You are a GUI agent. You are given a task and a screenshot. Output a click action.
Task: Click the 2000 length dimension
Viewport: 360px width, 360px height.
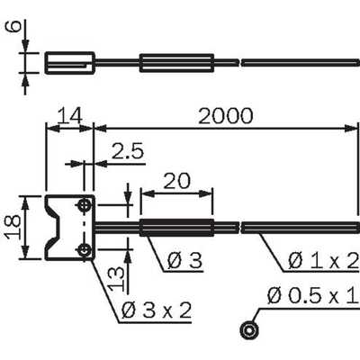click(x=226, y=116)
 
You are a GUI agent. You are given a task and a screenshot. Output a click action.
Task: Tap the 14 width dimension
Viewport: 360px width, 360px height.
click(x=69, y=116)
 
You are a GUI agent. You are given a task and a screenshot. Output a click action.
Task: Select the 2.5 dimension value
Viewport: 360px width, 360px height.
click(x=128, y=151)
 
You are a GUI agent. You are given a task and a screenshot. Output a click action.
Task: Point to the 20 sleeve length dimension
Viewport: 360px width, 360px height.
click(x=176, y=181)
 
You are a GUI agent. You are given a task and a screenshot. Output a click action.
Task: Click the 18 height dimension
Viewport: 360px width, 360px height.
click(x=13, y=227)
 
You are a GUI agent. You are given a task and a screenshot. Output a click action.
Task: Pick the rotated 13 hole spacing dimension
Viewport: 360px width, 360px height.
click(x=116, y=279)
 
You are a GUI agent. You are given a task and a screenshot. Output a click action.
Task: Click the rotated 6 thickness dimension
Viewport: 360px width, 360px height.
click(x=14, y=26)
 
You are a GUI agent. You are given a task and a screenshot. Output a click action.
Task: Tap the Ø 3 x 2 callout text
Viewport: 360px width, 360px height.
click(x=157, y=310)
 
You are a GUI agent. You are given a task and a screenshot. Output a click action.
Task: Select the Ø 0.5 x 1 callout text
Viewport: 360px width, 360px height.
click(x=313, y=296)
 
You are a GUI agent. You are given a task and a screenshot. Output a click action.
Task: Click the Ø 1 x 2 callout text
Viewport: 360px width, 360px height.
click(x=323, y=260)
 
